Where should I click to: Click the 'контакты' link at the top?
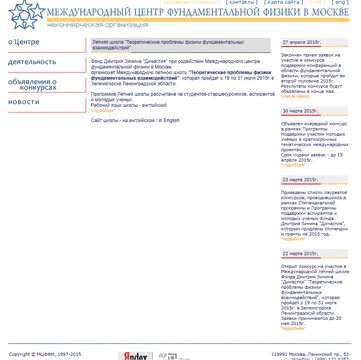pos(241,3)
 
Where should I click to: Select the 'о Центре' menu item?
pos(24,43)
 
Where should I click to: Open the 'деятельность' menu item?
pos(32,62)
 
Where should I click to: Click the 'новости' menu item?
pos(24,103)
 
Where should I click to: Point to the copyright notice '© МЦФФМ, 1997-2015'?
pos(45,354)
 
